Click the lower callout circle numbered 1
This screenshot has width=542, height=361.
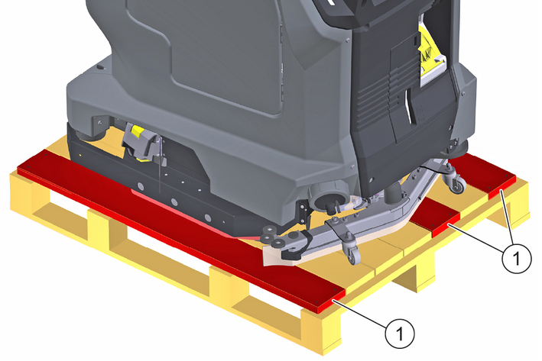pos(400,334)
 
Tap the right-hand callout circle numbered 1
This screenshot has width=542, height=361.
pos(517,258)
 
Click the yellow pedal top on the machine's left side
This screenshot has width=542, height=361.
pos(138,131)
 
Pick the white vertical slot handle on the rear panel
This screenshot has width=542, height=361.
pos(409,105)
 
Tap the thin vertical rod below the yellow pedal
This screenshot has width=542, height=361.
pos(159,169)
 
